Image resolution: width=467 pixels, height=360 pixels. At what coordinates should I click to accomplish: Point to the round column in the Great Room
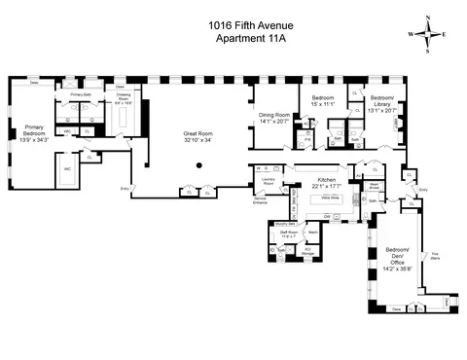[x=198, y=165]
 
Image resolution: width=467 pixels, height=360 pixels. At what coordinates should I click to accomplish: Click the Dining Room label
[x=274, y=117]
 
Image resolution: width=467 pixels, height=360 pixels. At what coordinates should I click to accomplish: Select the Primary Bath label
[x=81, y=94]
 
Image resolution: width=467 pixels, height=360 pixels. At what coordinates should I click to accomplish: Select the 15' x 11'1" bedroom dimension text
[x=323, y=105]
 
